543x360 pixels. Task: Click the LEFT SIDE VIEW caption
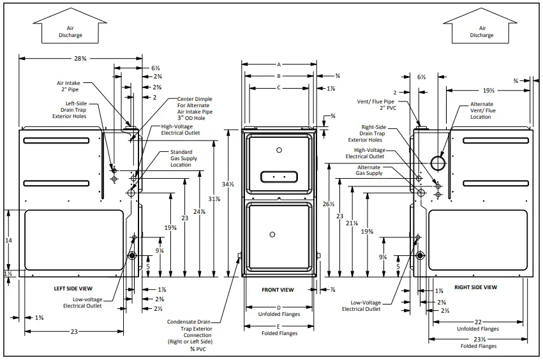click(x=75, y=289)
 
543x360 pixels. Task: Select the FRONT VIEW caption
click(x=278, y=290)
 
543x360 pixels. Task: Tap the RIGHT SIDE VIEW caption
click(x=475, y=287)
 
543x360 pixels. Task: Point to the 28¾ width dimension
click(x=80, y=58)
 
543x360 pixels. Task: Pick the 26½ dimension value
click(x=329, y=204)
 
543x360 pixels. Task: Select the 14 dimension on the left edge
click(x=8, y=241)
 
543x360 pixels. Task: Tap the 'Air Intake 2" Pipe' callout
click(x=70, y=87)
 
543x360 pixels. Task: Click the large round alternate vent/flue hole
click(x=439, y=163)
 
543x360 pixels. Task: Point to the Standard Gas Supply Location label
click(x=181, y=158)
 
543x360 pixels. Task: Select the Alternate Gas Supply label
click(x=369, y=170)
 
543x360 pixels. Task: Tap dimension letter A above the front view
click(x=278, y=64)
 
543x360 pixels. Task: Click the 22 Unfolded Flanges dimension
click(x=478, y=326)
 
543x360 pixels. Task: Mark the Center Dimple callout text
click(x=195, y=109)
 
